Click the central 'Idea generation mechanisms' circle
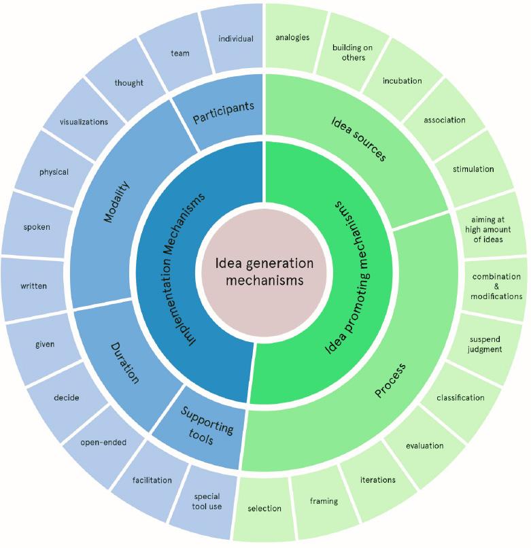click(x=264, y=271)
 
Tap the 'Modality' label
click(x=118, y=202)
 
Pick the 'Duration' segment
click(x=124, y=362)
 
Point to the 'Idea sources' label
click(x=358, y=139)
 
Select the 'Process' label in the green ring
click(x=390, y=380)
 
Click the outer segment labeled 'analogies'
click(x=292, y=37)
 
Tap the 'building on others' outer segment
click(x=349, y=52)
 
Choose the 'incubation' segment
click(x=402, y=81)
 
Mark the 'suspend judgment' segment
click(x=485, y=344)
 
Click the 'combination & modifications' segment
click(x=497, y=286)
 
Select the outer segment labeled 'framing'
click(x=324, y=501)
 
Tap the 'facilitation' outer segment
click(x=152, y=480)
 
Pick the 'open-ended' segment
click(x=103, y=443)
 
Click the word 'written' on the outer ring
click(x=33, y=286)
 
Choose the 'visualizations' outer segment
click(x=84, y=122)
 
